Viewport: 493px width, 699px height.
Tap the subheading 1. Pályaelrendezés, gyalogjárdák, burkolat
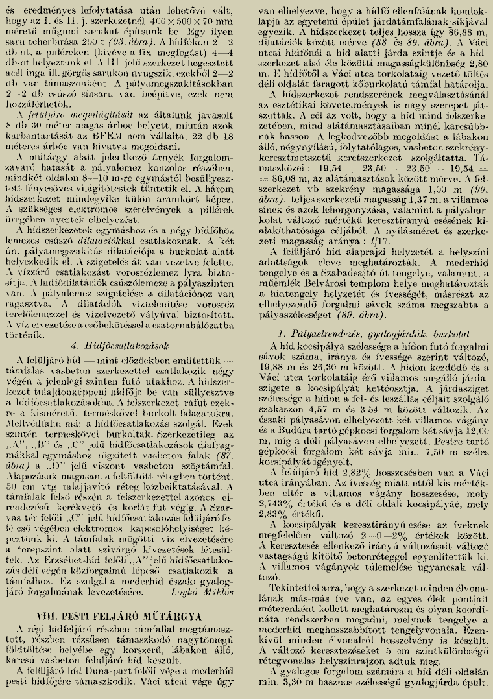pos(369,333)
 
